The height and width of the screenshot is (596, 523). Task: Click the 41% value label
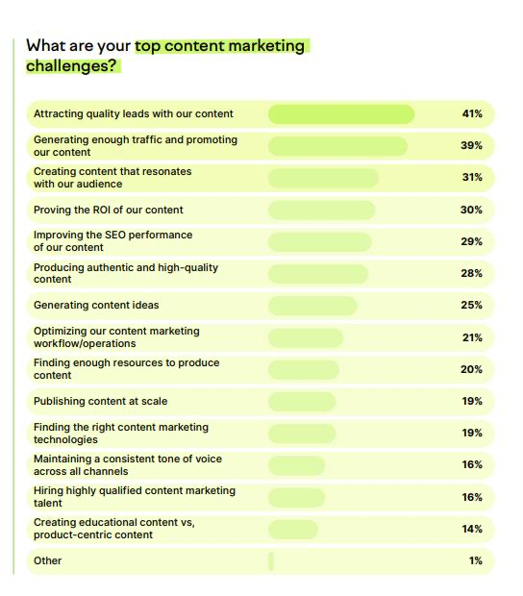click(471, 114)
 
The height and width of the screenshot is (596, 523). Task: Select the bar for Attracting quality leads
click(340, 114)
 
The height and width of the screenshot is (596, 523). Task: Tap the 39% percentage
click(471, 146)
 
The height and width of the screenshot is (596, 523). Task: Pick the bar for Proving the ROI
click(320, 210)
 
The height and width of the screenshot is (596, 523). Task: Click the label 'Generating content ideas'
click(96, 306)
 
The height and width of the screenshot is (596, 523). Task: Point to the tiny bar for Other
click(271, 560)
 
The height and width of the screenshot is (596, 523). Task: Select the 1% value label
click(475, 560)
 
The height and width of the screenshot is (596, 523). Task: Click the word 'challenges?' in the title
click(72, 66)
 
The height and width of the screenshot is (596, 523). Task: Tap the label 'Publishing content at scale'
click(100, 401)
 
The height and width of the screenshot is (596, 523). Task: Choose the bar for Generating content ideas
click(312, 306)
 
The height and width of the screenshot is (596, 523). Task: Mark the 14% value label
click(471, 529)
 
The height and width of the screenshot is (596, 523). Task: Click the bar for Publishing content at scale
click(302, 401)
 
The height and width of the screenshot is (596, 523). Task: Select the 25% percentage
click(471, 306)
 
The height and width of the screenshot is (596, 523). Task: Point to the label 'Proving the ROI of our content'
click(108, 210)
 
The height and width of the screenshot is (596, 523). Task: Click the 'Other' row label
click(47, 560)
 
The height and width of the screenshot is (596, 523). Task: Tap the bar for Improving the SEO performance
click(319, 241)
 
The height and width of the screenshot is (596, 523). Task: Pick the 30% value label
click(471, 210)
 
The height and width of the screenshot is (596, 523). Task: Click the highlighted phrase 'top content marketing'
click(219, 45)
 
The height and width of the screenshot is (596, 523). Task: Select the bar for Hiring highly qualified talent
click(296, 497)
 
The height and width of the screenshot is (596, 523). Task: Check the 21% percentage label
click(471, 337)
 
